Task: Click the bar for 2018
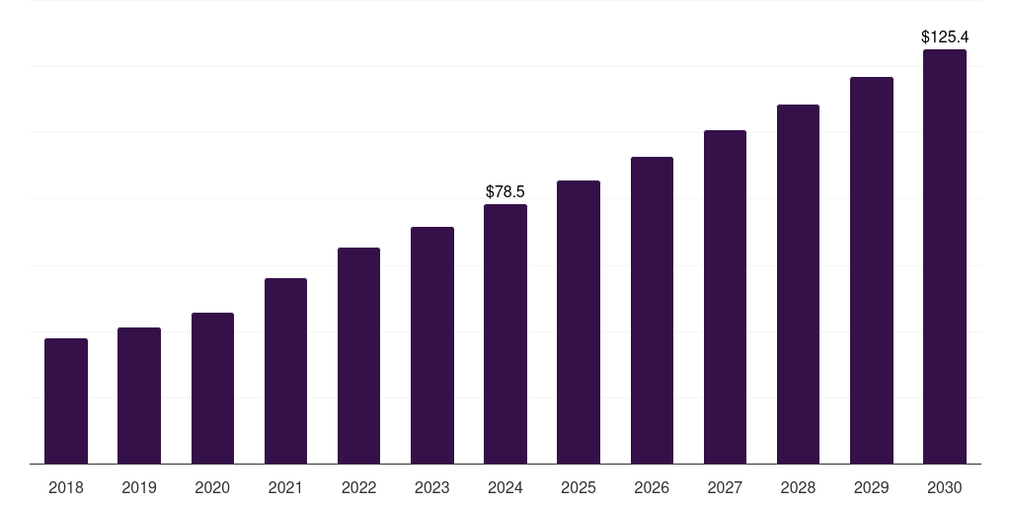(66, 400)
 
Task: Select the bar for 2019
(139, 396)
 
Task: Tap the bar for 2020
(212, 388)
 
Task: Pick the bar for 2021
(285, 371)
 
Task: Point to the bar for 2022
(358, 355)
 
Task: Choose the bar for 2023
(432, 345)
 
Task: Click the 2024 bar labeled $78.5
(505, 333)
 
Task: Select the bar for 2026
(652, 310)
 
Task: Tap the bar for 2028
(798, 284)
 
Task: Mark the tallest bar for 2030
(945, 256)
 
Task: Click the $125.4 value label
(945, 36)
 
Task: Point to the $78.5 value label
(505, 191)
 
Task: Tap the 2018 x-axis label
(66, 487)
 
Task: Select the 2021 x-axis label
(285, 487)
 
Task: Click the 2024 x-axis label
(505, 487)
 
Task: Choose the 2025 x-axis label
(579, 487)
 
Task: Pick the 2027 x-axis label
(725, 487)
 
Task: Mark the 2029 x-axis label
(872, 487)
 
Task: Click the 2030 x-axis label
(945, 487)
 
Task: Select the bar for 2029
(872, 270)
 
